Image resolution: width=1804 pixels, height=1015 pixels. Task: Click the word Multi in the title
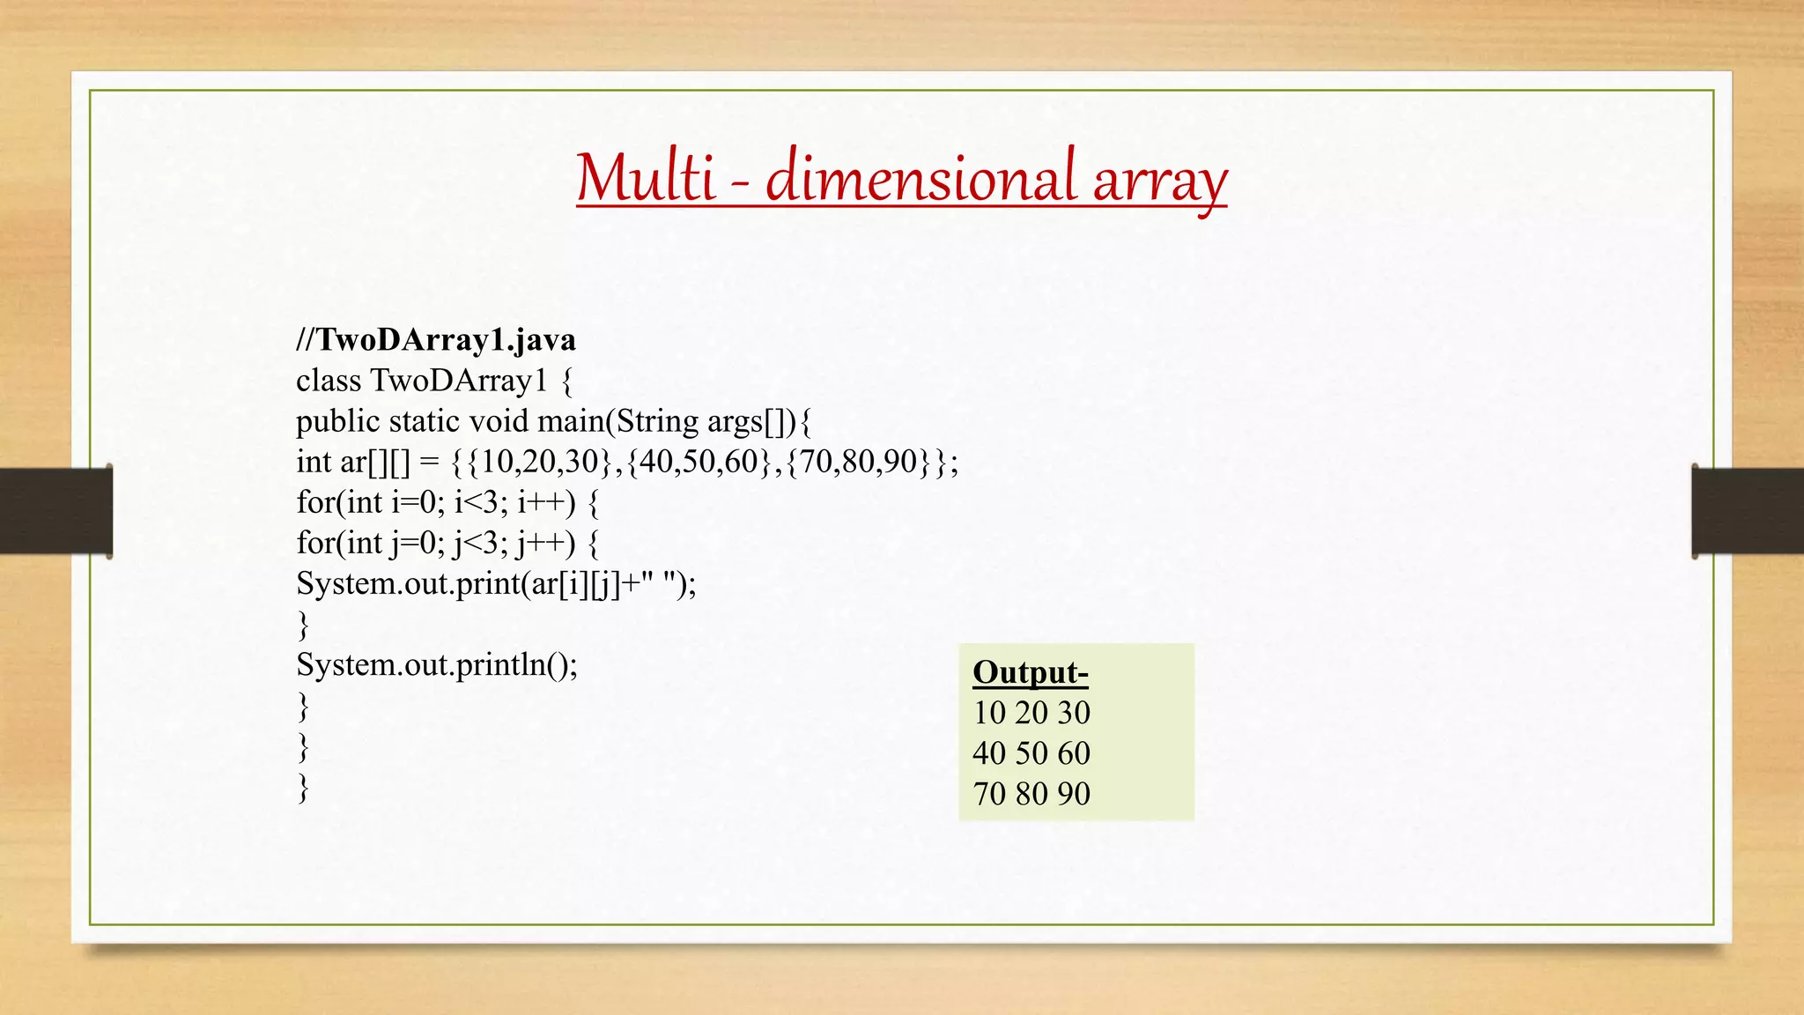[x=645, y=179]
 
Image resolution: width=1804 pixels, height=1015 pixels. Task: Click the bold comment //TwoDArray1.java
[x=436, y=340]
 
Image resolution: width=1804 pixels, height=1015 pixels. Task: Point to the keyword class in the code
[x=329, y=381]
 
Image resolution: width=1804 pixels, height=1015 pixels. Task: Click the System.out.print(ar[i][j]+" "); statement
[x=496, y=583]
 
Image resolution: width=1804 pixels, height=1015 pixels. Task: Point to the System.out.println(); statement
[x=437, y=664]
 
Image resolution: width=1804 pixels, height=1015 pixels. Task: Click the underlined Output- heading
[x=1031, y=672]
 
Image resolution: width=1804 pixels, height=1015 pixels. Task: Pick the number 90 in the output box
[x=1074, y=794]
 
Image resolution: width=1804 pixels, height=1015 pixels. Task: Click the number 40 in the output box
[x=988, y=753]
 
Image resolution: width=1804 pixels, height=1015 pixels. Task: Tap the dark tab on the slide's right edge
[x=1748, y=511]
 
